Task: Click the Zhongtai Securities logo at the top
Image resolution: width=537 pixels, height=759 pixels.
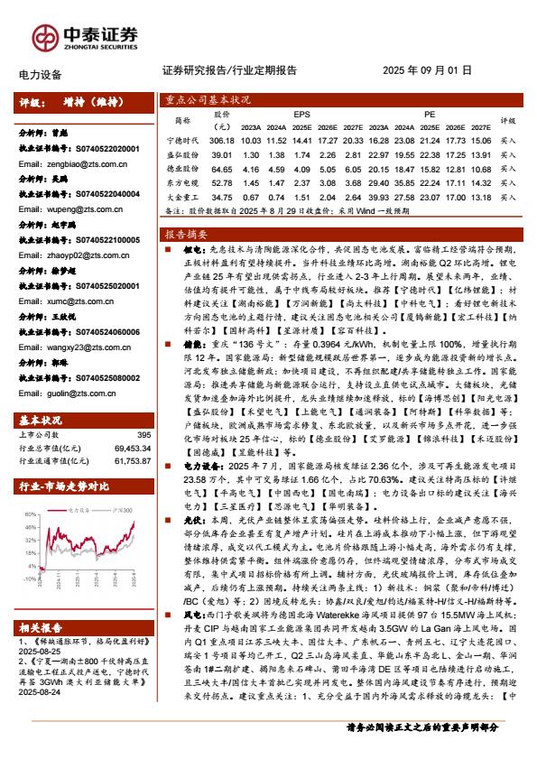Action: [x=77, y=36]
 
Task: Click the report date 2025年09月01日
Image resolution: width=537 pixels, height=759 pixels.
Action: [x=427, y=70]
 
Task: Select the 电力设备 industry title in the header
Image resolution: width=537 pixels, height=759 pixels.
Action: [x=40, y=75]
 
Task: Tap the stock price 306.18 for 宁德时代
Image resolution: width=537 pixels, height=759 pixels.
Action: [x=221, y=142]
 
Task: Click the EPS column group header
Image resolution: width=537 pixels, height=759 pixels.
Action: [x=301, y=115]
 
